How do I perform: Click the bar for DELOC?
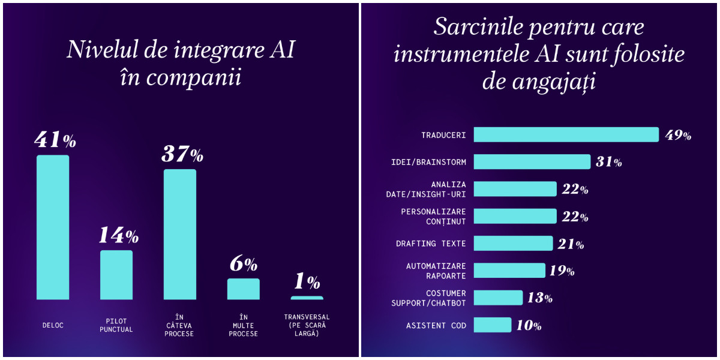click(x=53, y=227)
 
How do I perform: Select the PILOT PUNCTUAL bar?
click(x=116, y=275)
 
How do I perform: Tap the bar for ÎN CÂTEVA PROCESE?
click(x=180, y=234)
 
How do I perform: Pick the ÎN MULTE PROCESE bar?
click(x=244, y=289)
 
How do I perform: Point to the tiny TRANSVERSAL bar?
click(x=307, y=298)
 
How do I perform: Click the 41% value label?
click(x=55, y=141)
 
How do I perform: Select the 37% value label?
click(x=182, y=155)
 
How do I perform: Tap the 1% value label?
click(x=307, y=281)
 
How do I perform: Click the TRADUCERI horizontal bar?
click(x=566, y=135)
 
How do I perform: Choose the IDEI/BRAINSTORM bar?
click(x=532, y=162)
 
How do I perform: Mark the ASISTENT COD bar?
click(x=492, y=325)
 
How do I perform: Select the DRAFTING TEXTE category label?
click(x=431, y=244)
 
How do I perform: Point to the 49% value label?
click(x=678, y=136)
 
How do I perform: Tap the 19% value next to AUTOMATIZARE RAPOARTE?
click(x=562, y=271)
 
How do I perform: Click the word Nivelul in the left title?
click(x=99, y=50)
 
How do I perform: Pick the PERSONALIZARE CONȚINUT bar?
click(x=515, y=217)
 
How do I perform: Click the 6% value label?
click(x=244, y=264)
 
